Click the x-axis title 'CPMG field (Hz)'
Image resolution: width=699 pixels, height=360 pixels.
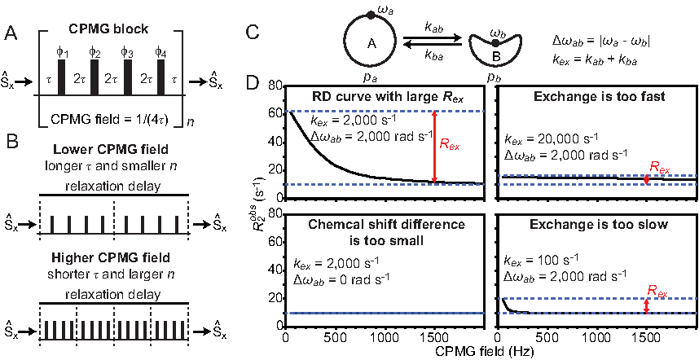(488, 351)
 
